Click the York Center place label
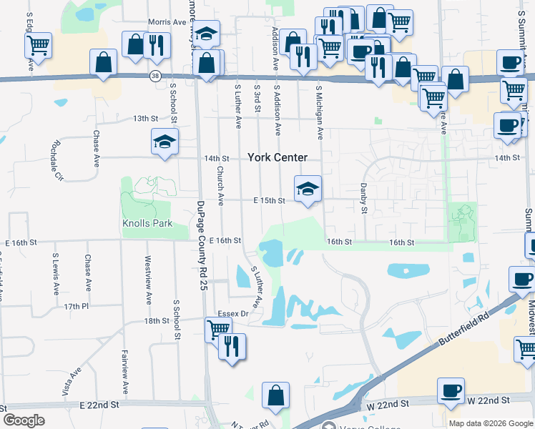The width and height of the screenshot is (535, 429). (278, 157)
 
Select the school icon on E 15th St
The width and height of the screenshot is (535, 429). (308, 189)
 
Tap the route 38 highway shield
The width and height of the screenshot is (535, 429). (155, 76)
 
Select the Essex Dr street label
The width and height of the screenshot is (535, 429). (232, 313)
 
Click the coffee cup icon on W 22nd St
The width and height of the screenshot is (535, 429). (451, 390)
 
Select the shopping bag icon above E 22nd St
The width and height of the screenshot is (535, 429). (275, 395)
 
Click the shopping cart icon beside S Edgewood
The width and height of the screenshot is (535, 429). (38, 45)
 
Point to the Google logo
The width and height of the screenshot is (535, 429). (24, 420)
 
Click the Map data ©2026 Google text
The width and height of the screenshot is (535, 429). (490, 423)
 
